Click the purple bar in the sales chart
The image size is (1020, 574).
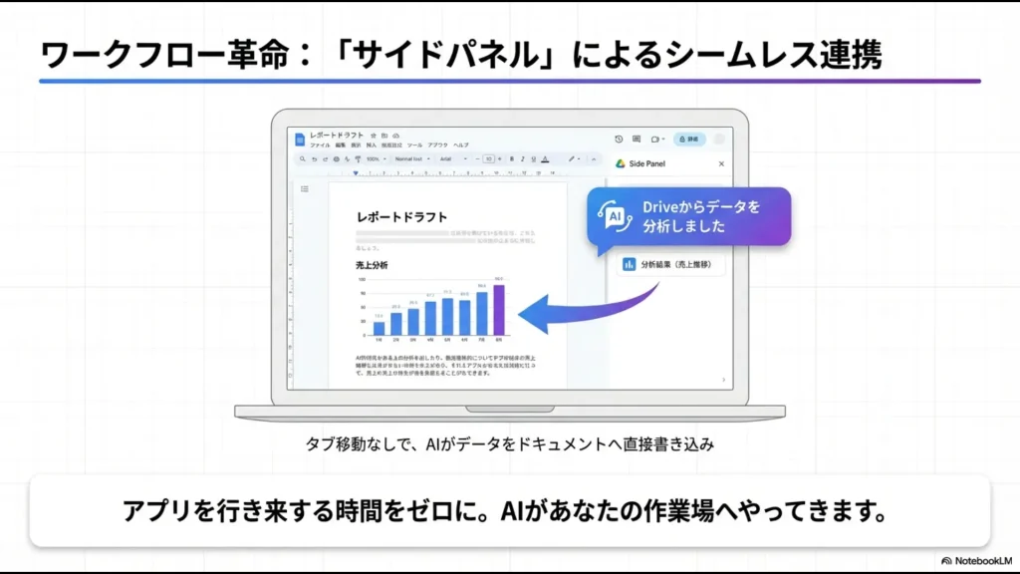(499, 310)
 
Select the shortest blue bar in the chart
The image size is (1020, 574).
(379, 328)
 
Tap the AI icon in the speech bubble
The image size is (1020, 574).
(615, 215)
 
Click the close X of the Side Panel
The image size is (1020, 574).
(722, 163)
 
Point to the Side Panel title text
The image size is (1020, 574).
(647, 163)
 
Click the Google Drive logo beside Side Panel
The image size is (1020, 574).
(620, 163)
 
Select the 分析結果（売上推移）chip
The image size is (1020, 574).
(670, 264)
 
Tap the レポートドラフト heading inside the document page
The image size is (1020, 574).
(401, 216)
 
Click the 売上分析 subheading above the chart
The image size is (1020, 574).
(372, 265)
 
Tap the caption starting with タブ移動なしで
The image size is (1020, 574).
(509, 444)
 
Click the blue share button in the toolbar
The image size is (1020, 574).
(689, 139)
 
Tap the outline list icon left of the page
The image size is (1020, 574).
(305, 188)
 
